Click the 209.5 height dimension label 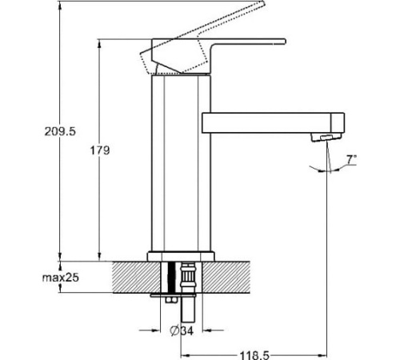pos(60,131)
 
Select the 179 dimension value pos(100,150)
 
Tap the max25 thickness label pos(61,278)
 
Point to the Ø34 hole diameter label pos(182,331)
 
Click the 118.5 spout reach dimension pos(254,355)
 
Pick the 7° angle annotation pos(351,159)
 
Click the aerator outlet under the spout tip pos(326,138)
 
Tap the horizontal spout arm pos(273,123)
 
